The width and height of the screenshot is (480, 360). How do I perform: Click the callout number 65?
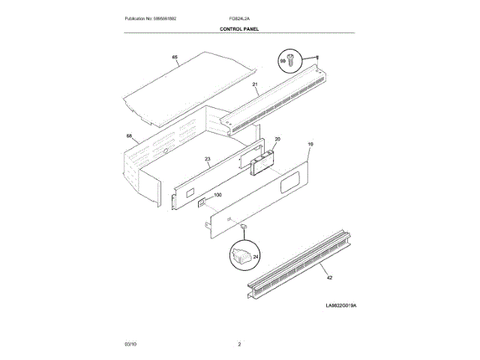175,58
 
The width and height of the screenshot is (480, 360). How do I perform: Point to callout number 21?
255,85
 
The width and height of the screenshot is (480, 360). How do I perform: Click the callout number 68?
129,136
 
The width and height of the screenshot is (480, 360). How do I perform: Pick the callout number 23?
208,159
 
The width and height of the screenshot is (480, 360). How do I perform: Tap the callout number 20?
277,139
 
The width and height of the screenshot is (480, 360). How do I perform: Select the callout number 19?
310,143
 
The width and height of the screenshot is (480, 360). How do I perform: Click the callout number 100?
217,195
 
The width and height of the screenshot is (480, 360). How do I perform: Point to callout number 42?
328,277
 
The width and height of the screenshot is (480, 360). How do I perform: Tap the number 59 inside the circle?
283,60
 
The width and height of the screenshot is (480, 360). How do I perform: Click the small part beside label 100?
201,201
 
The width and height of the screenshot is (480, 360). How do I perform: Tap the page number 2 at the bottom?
239,343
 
